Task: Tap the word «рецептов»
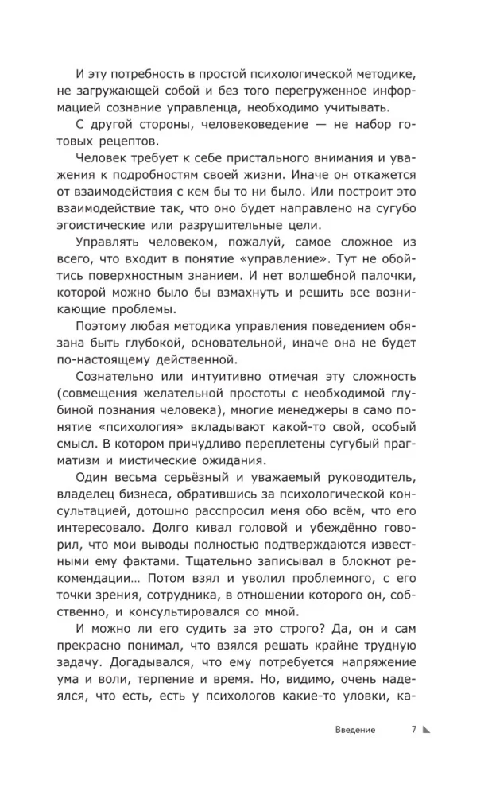click(x=134, y=139)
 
